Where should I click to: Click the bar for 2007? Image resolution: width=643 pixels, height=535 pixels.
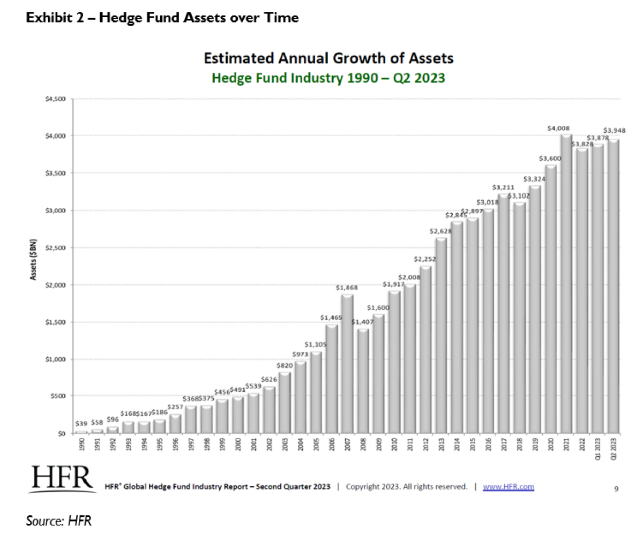pos(347,364)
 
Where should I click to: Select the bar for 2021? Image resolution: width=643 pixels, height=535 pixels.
pos(567,284)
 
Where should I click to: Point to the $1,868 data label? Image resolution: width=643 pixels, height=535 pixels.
pos(347,288)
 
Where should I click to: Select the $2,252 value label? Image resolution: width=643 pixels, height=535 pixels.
pos(425,259)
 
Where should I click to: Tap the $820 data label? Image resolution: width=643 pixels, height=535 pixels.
pos(285,365)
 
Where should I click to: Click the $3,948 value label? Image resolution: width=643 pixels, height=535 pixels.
pos(615,130)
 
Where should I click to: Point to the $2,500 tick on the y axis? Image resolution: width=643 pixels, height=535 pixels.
pos(55,248)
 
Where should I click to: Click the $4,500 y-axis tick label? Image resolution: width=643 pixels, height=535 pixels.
pos(55,99)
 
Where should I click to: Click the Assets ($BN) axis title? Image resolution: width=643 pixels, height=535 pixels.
pos(33,258)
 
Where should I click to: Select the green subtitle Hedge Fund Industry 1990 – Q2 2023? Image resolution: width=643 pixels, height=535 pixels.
pos(329,78)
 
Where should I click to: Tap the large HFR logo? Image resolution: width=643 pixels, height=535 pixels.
pos(63,480)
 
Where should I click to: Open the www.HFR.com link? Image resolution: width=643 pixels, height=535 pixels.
pos(508,487)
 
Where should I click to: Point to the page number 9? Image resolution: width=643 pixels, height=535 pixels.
pos(616,487)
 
